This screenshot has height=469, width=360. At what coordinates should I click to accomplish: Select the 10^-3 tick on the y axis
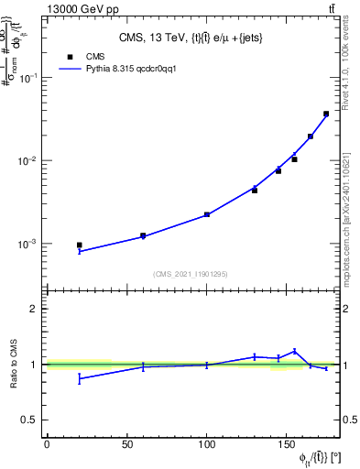pos(27,245)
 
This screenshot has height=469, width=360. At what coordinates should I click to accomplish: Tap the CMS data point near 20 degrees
pos(79,245)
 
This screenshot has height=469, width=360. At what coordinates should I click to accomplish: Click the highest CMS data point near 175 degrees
pos(326,114)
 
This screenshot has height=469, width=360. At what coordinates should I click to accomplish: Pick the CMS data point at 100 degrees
pos(207,214)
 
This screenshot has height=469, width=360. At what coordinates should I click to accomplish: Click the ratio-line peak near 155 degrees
pos(294,351)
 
